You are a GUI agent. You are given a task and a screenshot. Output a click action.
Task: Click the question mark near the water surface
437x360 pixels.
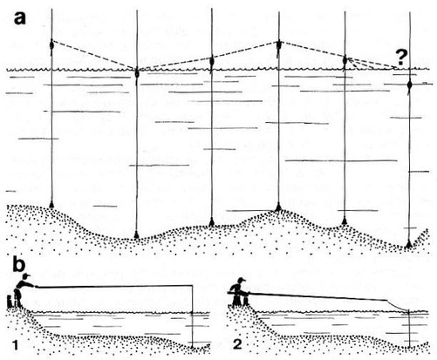click(x=400, y=58)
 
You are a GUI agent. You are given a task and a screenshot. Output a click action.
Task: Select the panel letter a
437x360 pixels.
click(x=20, y=18)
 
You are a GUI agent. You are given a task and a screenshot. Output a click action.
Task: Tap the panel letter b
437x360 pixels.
click(x=18, y=267)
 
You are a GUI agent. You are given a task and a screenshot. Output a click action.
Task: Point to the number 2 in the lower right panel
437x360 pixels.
click(x=237, y=344)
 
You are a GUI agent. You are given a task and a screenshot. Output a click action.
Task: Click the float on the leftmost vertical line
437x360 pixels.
click(x=51, y=45)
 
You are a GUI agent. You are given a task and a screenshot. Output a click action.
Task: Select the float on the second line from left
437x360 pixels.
click(x=137, y=74)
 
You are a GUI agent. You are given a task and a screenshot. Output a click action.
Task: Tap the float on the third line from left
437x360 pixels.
click(x=211, y=62)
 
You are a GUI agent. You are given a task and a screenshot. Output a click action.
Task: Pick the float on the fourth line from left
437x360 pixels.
click(x=278, y=45)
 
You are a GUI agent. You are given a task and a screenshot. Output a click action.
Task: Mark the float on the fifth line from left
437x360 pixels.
click(x=345, y=61)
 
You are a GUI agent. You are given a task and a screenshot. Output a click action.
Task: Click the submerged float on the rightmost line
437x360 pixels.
click(x=409, y=85)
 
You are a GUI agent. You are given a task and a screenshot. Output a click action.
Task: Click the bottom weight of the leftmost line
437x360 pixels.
click(x=51, y=204)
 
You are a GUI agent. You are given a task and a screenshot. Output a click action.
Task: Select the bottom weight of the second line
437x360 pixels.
click(x=136, y=234)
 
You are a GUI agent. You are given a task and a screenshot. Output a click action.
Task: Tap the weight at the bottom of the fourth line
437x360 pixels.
click(x=278, y=207)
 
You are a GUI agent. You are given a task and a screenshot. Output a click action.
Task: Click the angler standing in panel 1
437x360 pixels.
click(x=22, y=290)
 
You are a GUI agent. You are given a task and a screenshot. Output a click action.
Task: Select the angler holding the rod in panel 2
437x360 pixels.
click(x=240, y=292)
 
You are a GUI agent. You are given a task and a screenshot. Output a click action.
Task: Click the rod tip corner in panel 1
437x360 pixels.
click(x=192, y=286)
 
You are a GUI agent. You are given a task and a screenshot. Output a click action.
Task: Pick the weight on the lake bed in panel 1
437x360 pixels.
click(x=192, y=347)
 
